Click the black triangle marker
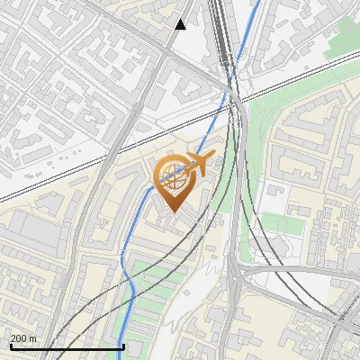[181, 23]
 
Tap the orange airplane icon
[198, 163]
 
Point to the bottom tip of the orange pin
[171, 212]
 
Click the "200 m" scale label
[23, 339]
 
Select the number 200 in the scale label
[18, 339]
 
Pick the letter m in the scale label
[32, 339]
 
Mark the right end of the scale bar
[123, 346]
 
